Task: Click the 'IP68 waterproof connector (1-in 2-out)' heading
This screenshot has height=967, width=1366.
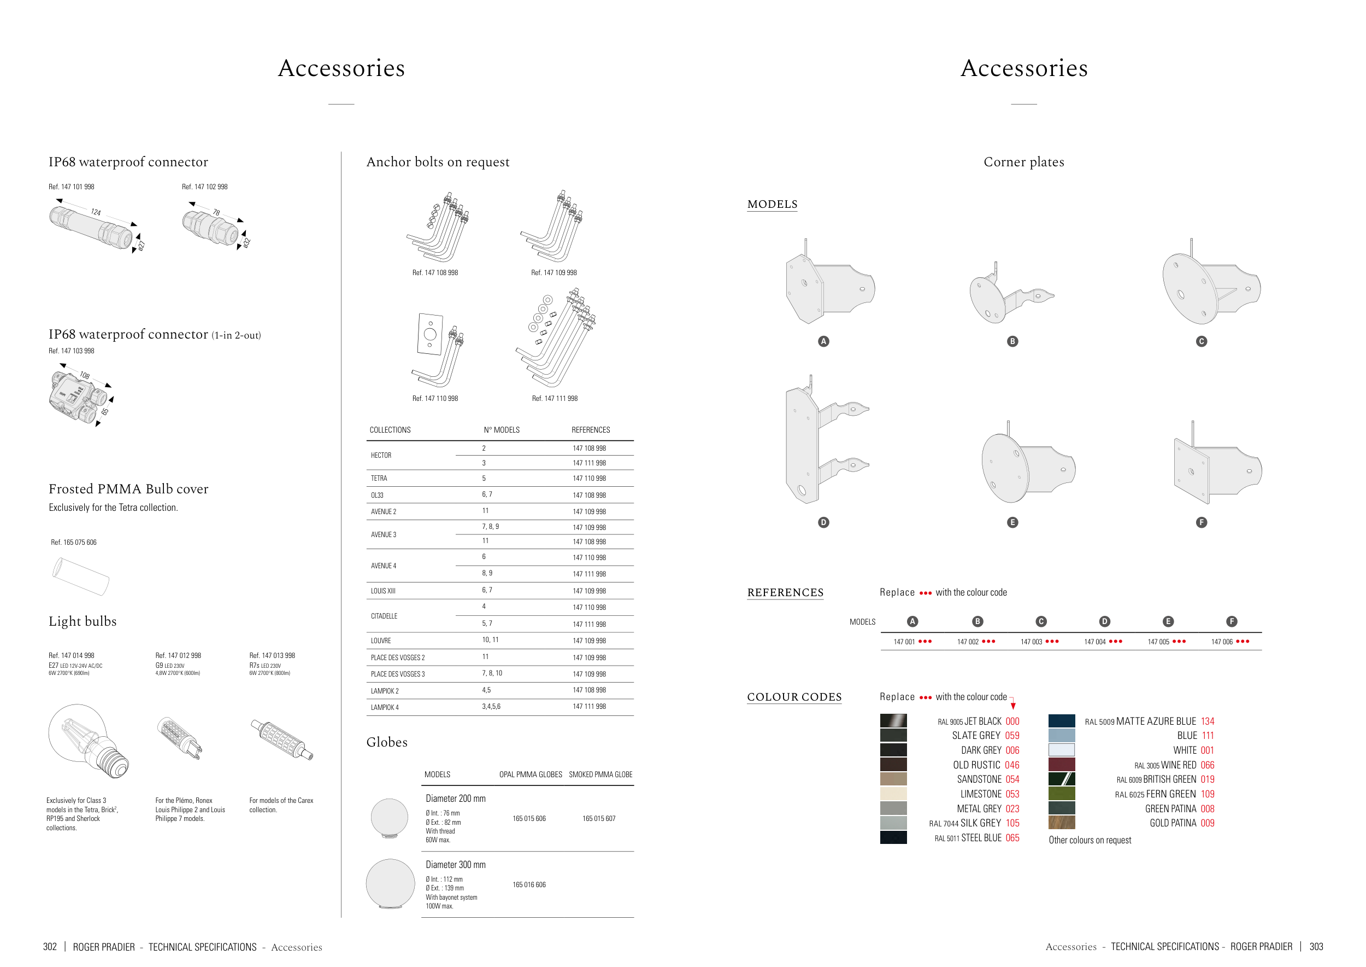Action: pos(155,335)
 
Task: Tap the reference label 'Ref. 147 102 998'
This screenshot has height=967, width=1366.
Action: pos(205,187)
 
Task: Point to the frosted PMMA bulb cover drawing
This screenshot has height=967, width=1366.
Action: pos(80,576)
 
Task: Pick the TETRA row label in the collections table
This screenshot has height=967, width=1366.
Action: pos(379,478)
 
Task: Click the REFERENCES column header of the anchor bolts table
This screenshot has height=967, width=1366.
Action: pos(590,430)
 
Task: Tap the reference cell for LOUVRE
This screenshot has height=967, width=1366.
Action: pos(589,640)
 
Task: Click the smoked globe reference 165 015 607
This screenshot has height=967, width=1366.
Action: pos(598,819)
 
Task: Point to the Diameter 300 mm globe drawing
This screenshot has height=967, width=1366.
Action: pos(390,884)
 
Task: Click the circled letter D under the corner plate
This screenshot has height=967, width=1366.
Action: pos(823,522)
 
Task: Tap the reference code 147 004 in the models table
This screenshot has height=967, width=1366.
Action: pos(1094,642)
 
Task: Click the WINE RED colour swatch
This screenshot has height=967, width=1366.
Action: pos(1062,765)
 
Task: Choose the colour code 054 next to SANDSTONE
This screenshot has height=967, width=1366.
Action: pos(1012,779)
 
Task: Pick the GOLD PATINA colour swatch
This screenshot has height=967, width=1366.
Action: pos(1062,823)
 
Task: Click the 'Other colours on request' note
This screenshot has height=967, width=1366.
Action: pos(1090,840)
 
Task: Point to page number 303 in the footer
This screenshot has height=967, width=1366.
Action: pos(1316,947)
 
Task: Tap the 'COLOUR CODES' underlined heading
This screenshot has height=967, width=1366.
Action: pos(794,697)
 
